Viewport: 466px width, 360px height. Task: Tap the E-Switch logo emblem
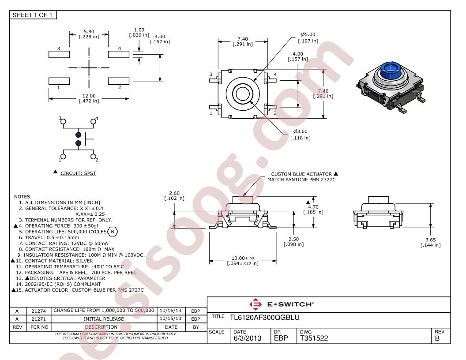(x=256, y=304)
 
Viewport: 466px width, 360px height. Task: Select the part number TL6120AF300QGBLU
(x=264, y=318)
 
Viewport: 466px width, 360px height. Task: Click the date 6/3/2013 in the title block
(x=247, y=338)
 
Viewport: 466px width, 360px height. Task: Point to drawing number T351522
(x=314, y=338)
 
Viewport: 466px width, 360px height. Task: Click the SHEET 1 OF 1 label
(x=32, y=15)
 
